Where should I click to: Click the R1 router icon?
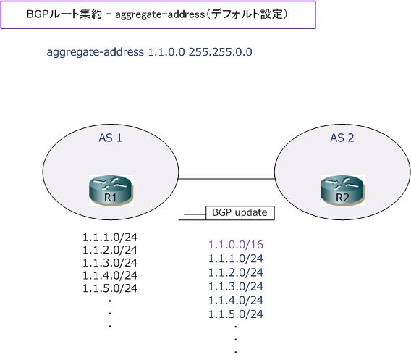point(111,191)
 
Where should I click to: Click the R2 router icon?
point(342,191)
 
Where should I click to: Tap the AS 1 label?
point(111,138)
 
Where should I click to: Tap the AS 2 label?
point(342,138)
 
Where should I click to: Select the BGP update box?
point(240,213)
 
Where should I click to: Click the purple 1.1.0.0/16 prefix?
point(236,245)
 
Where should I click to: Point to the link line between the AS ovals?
point(226,179)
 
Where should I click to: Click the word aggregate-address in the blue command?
point(95,52)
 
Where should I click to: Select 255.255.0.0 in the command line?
point(221,52)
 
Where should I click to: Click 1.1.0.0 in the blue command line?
point(166,52)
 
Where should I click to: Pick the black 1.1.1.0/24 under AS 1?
point(110,237)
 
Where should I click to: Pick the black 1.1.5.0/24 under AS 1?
point(110,288)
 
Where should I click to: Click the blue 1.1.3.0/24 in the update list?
point(236,286)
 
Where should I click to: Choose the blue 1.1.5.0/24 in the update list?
point(236,314)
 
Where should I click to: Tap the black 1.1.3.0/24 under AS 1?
point(110,263)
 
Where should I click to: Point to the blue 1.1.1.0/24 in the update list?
point(236,259)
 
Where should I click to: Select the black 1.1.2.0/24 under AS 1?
point(110,250)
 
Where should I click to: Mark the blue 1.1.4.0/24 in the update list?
point(236,300)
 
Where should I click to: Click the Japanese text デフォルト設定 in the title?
point(247,14)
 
